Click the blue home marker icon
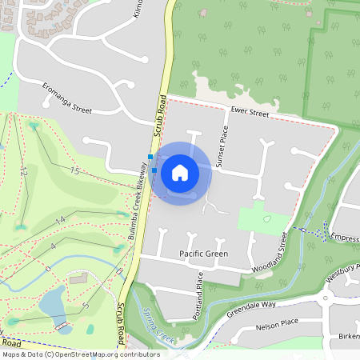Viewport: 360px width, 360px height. point(180,173)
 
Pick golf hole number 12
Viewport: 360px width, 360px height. point(25,171)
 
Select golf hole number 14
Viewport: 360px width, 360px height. point(60,219)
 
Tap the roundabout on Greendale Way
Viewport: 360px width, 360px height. point(326,298)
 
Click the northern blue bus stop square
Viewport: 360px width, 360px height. point(150,157)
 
